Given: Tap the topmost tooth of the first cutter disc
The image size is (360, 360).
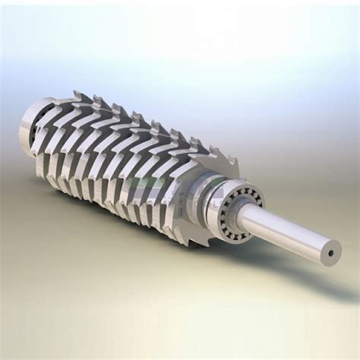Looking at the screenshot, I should point(78,94).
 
